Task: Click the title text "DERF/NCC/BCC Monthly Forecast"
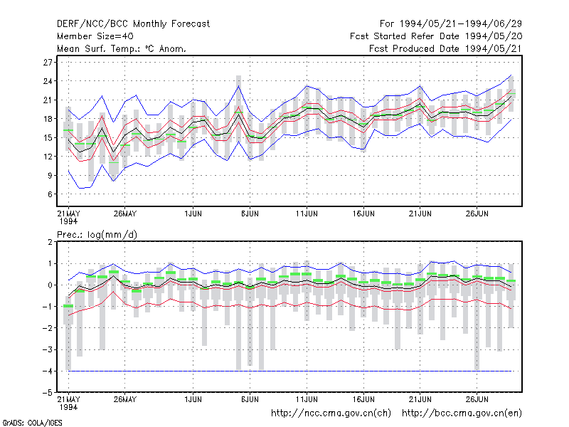(133, 24)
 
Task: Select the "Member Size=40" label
(95, 36)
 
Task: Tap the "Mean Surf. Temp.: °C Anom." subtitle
(121, 48)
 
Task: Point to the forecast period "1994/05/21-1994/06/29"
(460, 24)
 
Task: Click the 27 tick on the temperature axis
(48, 63)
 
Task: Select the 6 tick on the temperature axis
(50, 194)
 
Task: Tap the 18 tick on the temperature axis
(48, 119)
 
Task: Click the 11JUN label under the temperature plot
(307, 214)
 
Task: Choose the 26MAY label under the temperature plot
(125, 214)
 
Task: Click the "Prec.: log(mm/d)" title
(97, 235)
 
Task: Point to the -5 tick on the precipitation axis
(47, 393)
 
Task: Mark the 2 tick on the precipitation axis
(50, 242)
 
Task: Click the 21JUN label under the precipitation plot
(420, 399)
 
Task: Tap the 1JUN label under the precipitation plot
(193, 399)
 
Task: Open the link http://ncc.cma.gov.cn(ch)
(331, 413)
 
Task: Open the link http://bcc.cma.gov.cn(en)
(462, 413)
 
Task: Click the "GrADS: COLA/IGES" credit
(32, 423)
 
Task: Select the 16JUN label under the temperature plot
(363, 214)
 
